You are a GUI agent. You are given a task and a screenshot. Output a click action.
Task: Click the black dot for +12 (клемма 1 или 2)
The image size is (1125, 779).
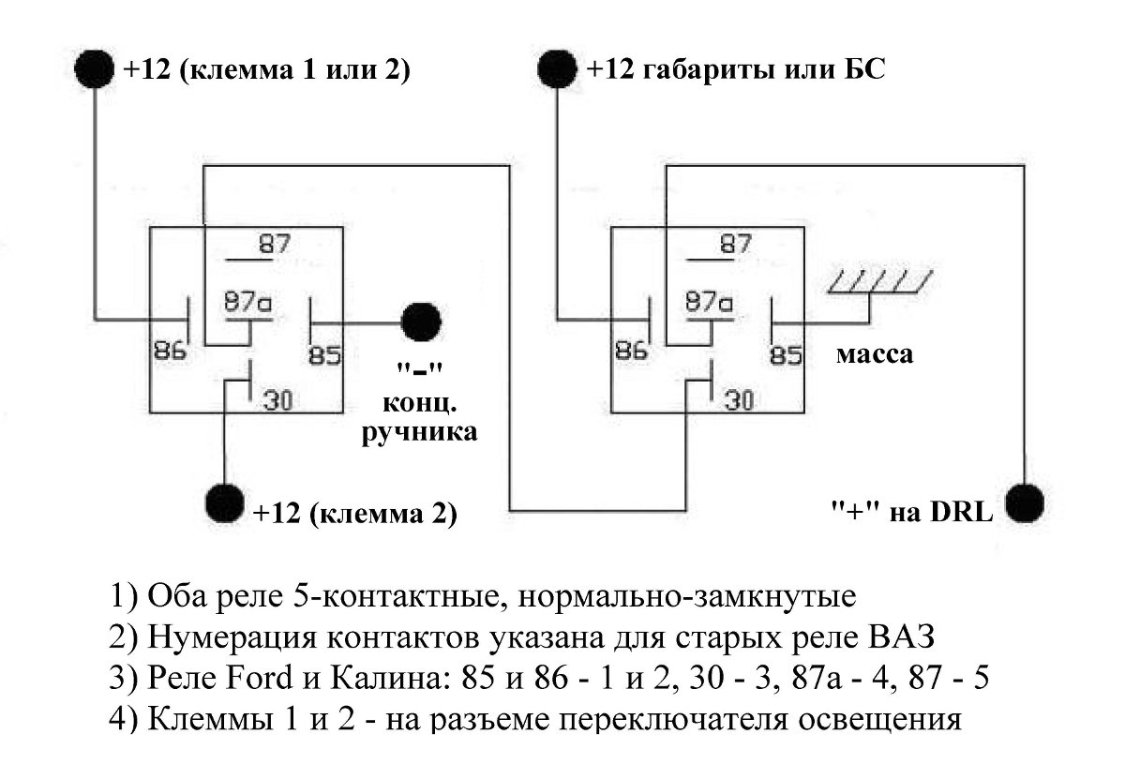tap(96, 69)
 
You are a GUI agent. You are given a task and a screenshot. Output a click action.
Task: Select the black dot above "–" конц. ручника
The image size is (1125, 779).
tap(421, 322)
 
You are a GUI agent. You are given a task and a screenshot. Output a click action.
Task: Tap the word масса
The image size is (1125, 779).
tap(874, 355)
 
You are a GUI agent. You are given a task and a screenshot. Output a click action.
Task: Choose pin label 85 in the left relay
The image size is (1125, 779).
tap(325, 355)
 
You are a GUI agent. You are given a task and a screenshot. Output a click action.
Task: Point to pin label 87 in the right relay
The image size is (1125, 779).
tap(735, 244)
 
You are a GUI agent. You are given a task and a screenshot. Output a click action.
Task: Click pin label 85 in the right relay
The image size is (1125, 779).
tap(786, 355)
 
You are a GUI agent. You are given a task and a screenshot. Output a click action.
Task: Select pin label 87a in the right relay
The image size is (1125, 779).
tap(709, 302)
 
